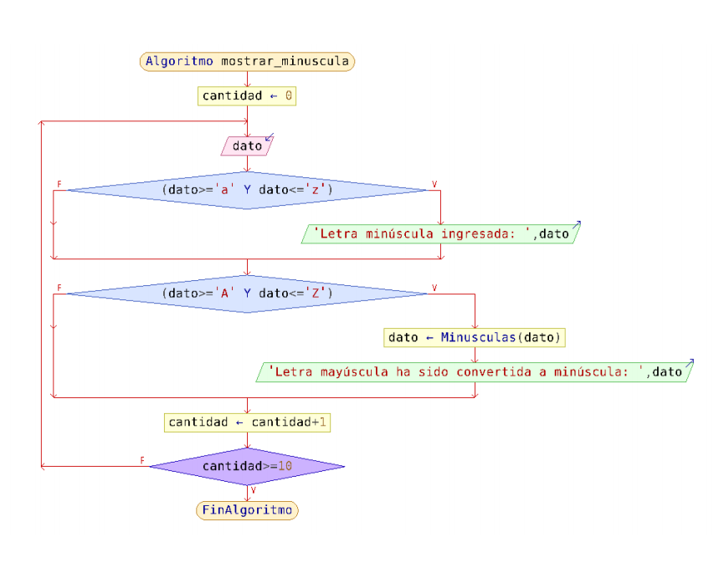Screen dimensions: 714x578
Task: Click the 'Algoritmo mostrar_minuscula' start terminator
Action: point(247,61)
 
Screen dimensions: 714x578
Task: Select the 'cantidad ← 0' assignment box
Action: point(247,96)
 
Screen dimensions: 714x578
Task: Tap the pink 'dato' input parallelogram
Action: point(247,146)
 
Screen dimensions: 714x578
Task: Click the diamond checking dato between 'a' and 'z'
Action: point(247,190)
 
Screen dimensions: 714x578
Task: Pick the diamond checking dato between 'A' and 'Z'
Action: point(247,294)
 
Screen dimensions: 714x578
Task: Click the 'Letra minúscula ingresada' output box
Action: point(441,234)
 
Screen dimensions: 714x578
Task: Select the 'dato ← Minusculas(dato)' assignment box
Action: point(475,338)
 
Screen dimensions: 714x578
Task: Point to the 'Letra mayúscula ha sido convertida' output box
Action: point(475,372)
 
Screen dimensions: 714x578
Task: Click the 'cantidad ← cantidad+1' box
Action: point(247,422)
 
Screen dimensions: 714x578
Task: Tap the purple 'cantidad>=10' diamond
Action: point(247,466)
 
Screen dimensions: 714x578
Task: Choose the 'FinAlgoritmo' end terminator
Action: point(247,510)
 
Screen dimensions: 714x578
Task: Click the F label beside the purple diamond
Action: point(142,461)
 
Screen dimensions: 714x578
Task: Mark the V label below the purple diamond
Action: point(253,490)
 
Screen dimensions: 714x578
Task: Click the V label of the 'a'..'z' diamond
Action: point(434,184)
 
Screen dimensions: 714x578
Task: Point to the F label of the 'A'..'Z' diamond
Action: point(59,288)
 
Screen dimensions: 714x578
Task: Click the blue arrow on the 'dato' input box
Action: point(270,137)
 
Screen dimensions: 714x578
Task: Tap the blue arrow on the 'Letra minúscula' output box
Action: point(577,225)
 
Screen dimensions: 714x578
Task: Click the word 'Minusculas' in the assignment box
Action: point(478,338)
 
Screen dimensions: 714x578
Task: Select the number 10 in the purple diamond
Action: point(285,466)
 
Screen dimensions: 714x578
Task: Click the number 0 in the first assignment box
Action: point(289,96)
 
